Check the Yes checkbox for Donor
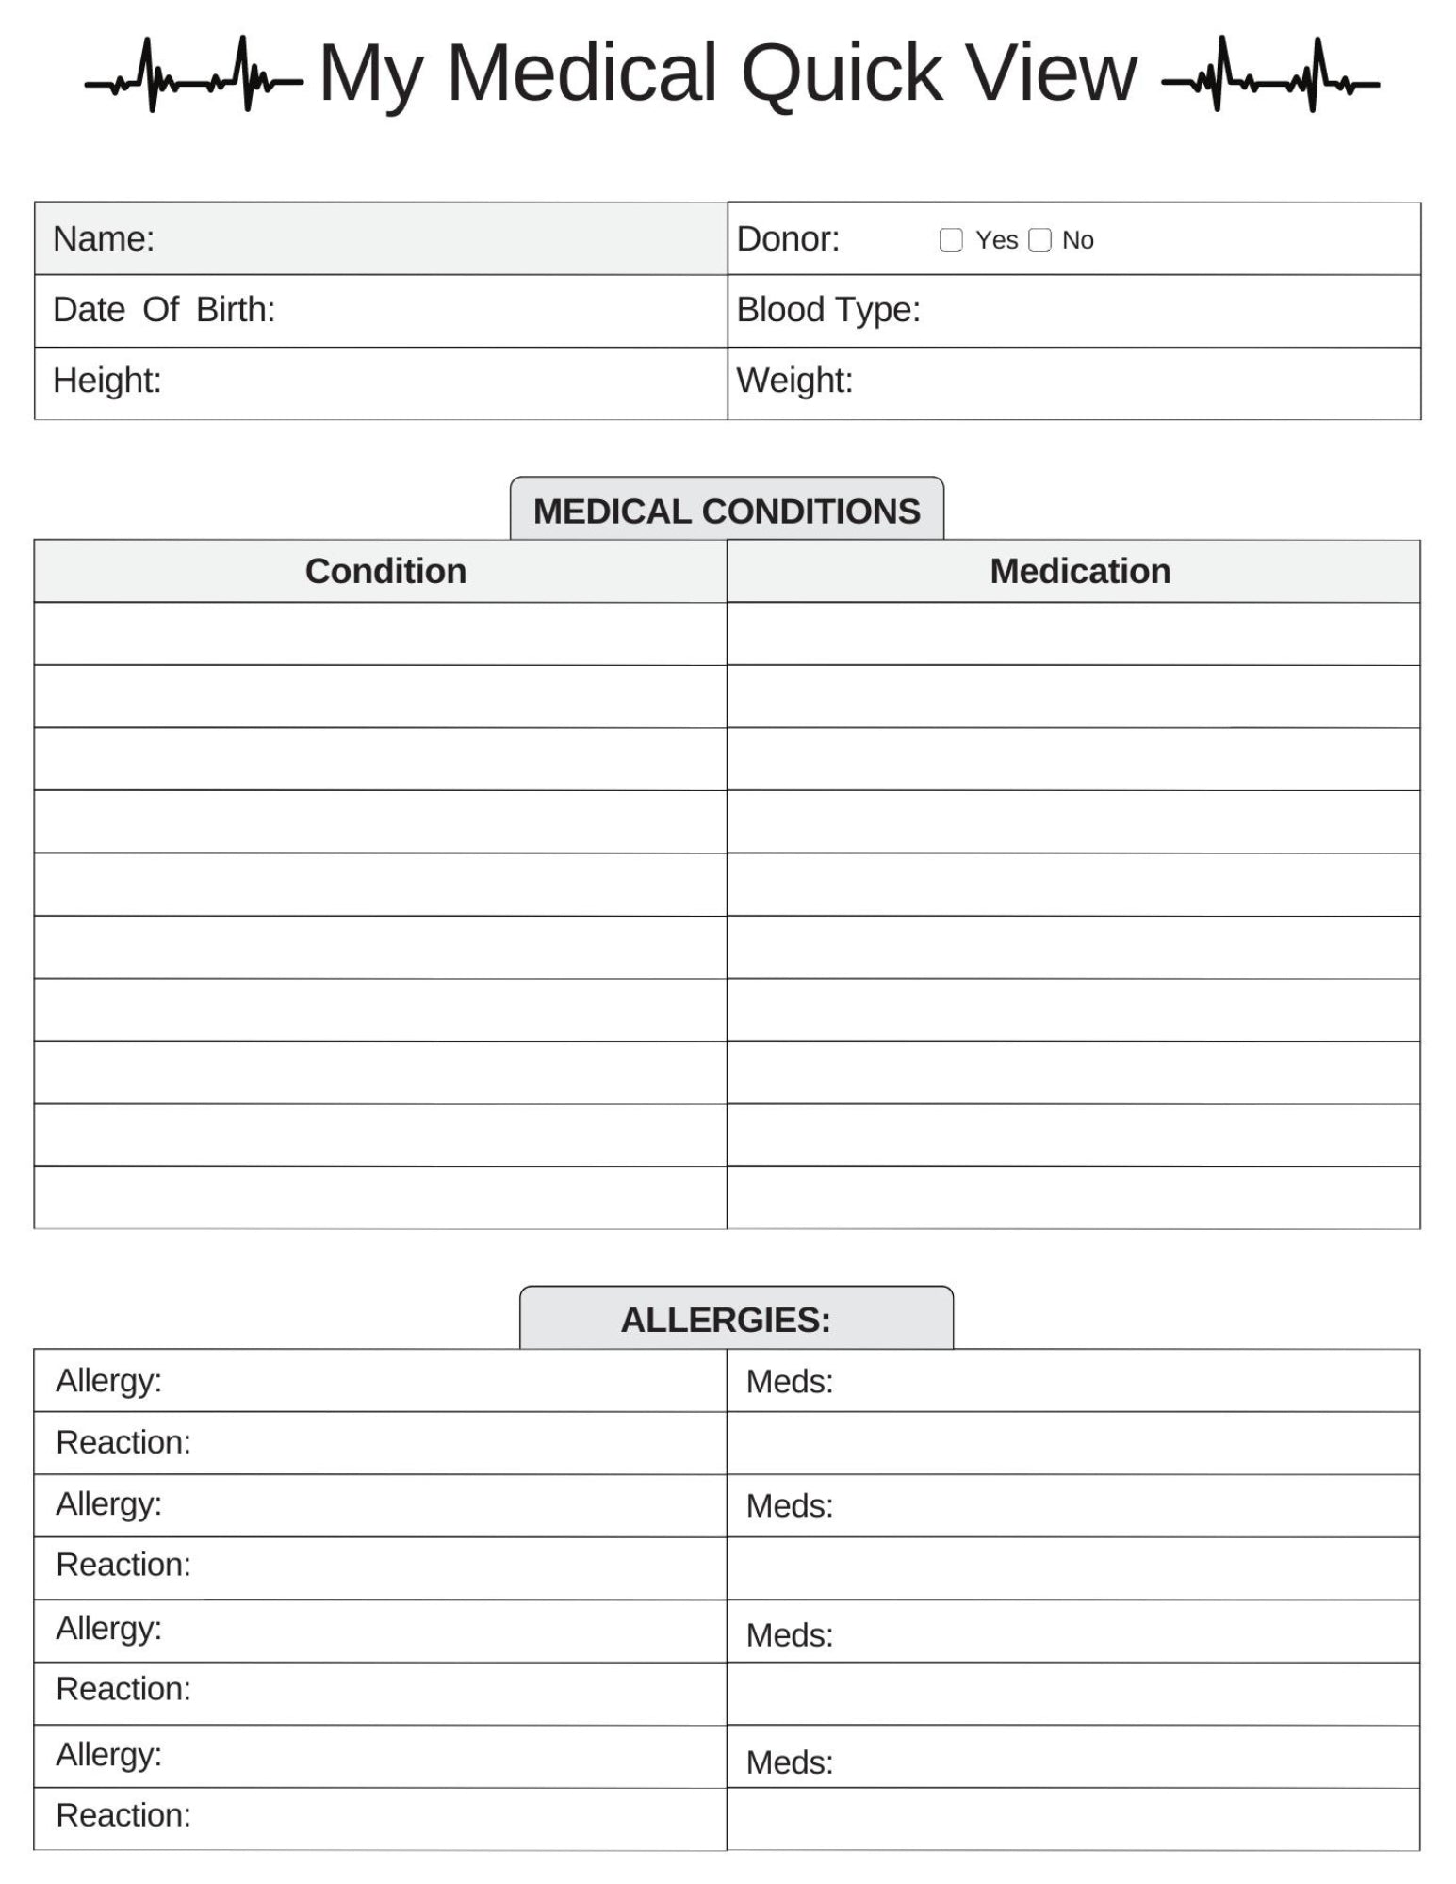951,240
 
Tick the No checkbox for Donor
1039,240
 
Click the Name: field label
104,239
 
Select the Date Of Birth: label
164,310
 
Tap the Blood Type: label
827,310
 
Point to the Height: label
107,381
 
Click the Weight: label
794,381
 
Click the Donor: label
788,239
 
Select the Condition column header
385,572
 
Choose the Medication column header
1080,572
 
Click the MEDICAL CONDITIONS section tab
727,511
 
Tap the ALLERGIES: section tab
727,1320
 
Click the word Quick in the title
841,73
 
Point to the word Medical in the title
581,73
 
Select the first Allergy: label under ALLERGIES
108,1381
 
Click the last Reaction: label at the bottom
123,1815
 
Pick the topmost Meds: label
790,1382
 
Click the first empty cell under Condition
381,634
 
